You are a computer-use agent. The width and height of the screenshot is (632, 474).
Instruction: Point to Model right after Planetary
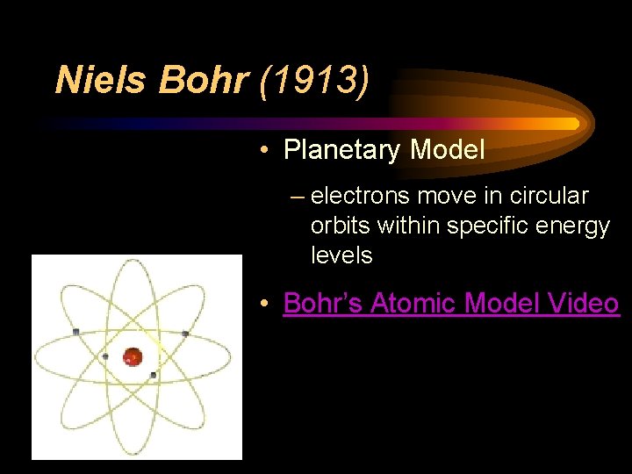[x=447, y=150]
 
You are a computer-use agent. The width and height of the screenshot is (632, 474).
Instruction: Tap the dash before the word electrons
[x=297, y=197]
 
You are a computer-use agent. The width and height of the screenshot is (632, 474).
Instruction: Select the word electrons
[x=359, y=196]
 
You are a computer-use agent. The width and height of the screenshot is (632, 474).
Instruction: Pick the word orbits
[x=341, y=226]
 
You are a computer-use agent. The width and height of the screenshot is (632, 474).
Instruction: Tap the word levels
[x=341, y=255]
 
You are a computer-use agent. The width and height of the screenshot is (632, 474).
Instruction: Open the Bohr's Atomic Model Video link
[x=450, y=303]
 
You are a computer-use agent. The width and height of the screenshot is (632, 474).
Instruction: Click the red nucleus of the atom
[x=133, y=356]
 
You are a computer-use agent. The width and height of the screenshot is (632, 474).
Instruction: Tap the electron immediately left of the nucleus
[x=106, y=356]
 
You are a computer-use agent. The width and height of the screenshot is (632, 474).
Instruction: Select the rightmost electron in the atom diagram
[x=185, y=334]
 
